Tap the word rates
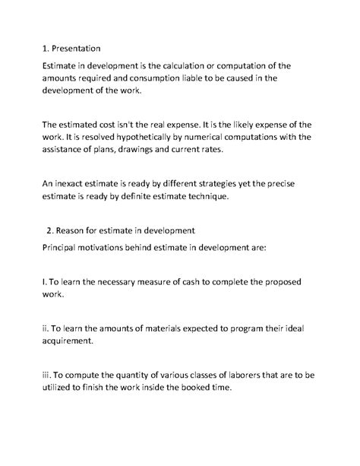click(x=251, y=150)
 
